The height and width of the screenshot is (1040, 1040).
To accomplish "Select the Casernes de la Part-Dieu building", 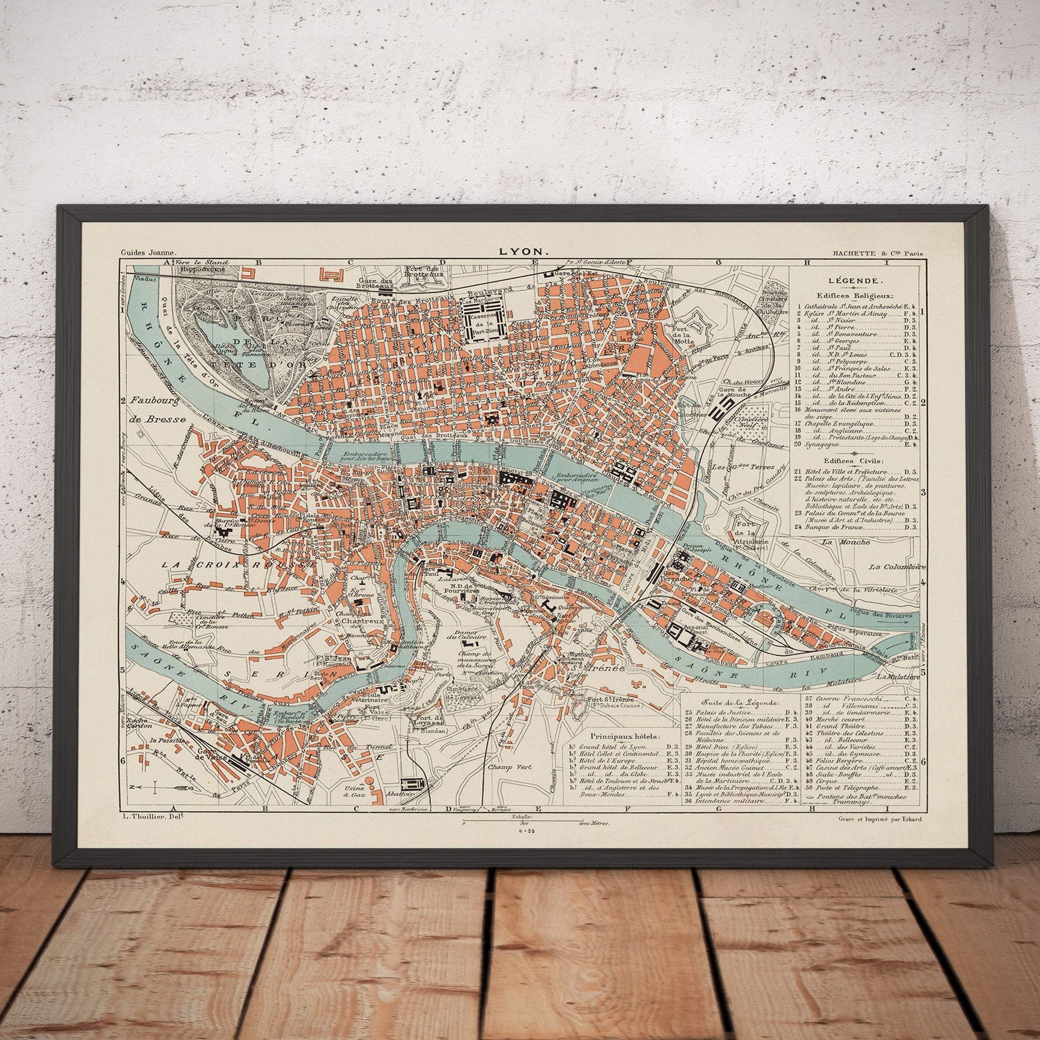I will [x=482, y=321].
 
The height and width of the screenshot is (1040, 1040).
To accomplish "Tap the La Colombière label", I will [x=897, y=567].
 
